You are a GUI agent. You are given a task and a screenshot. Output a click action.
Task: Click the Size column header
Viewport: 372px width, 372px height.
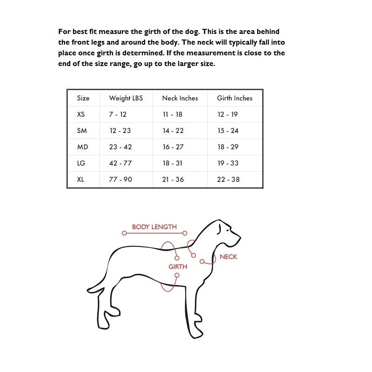click(83, 98)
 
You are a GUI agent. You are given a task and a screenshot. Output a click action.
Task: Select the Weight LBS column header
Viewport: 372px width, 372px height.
click(126, 98)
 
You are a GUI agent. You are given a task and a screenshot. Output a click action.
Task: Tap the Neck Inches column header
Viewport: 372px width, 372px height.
click(180, 98)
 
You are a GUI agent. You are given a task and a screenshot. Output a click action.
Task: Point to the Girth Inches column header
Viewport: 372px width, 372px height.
click(235, 98)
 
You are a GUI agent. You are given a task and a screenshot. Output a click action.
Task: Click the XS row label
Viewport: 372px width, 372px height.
click(81, 114)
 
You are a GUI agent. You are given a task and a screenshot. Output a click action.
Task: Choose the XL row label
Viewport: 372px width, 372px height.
click(81, 179)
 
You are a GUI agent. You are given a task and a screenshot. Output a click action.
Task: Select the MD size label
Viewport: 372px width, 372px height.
click(82, 147)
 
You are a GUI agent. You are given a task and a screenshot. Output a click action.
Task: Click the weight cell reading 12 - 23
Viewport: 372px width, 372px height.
click(120, 131)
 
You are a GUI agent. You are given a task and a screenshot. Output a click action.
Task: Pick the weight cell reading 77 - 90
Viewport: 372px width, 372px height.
click(120, 179)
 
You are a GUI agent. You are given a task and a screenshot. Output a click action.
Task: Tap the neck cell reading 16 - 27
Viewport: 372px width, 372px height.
click(173, 147)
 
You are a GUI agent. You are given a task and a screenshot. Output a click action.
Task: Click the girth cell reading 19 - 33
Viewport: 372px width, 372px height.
click(228, 163)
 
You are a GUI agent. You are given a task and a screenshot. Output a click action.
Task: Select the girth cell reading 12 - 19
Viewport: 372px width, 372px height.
click(227, 114)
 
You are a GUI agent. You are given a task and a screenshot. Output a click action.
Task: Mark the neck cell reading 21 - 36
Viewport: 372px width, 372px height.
click(173, 179)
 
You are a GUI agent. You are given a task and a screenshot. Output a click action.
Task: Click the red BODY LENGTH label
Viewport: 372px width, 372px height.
click(154, 227)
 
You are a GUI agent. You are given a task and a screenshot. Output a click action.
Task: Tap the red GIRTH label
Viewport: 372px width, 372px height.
click(178, 267)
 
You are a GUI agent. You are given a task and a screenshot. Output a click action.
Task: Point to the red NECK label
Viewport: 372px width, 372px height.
click(228, 257)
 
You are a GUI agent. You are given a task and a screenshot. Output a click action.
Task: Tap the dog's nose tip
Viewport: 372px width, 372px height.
click(240, 237)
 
